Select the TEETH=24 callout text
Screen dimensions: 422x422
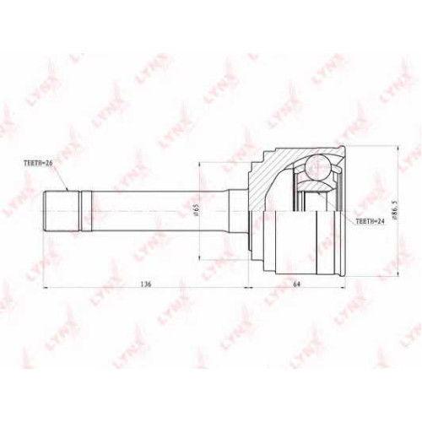point(370,221)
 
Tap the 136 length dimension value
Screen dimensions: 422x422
point(146,284)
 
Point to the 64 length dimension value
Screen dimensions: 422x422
point(296,284)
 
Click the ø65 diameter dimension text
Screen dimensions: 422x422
point(197,210)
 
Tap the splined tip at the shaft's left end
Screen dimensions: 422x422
point(62,211)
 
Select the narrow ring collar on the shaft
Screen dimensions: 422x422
point(86,211)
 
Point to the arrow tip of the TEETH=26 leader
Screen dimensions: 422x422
point(68,191)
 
